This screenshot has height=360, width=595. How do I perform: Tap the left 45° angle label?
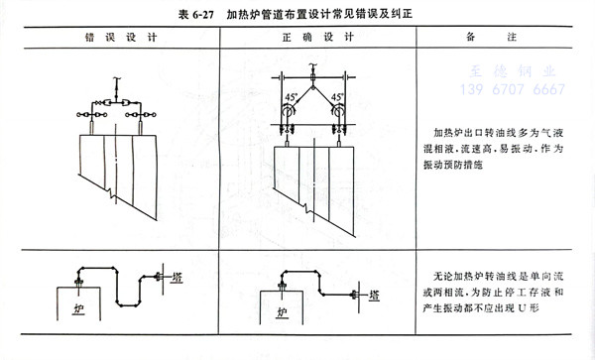coord(290,96)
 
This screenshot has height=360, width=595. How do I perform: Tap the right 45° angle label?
coord(337,96)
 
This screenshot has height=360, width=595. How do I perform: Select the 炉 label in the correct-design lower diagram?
coord(282,313)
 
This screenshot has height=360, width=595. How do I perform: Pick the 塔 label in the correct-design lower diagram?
coord(374,296)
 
